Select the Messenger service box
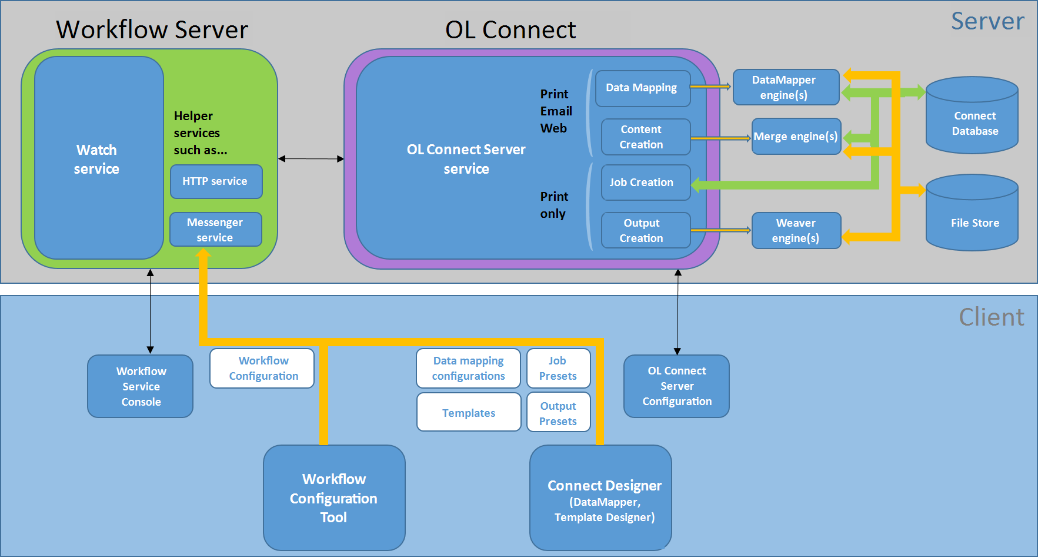pyautogui.click(x=216, y=230)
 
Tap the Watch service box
pyautogui.click(x=99, y=158)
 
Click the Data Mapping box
pyautogui.click(x=643, y=88)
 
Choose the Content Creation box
pyautogui.click(x=646, y=137)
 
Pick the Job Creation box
pyautogui.click(x=646, y=183)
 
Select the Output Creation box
pyautogui.click(x=646, y=230)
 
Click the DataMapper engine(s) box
pyautogui.click(x=786, y=87)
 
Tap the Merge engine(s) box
pyautogui.click(x=796, y=137)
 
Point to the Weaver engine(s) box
pyautogui.click(x=796, y=230)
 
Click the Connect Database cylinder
pyautogui.click(x=972, y=115)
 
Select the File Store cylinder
pyautogui.click(x=972, y=213)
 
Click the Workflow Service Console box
pyautogui.click(x=141, y=386)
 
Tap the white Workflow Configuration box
pyautogui.click(x=262, y=368)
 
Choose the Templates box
pyautogui.click(x=469, y=412)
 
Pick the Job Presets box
pyautogui.click(x=559, y=368)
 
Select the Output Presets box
pyautogui.click(x=559, y=412)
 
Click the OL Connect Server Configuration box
pyautogui.click(x=676, y=386)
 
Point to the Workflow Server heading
pyautogui.click(x=152, y=29)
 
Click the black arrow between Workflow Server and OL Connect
pyautogui.click(x=311, y=158)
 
